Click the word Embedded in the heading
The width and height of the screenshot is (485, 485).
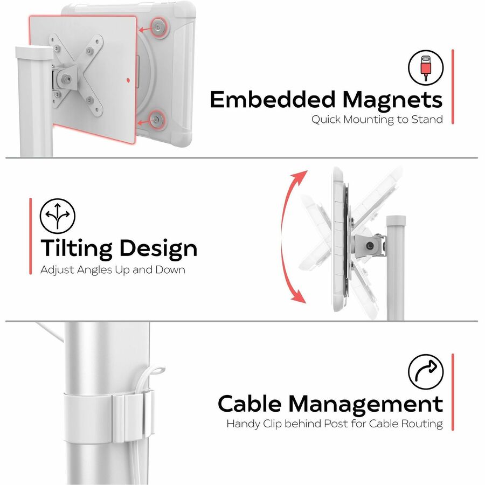click(273, 99)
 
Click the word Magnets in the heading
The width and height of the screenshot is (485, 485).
click(392, 100)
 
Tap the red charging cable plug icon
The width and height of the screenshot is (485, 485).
click(426, 67)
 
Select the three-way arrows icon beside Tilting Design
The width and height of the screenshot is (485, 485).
click(58, 216)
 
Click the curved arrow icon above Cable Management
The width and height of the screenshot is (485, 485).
click(426, 372)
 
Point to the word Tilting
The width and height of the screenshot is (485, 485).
click(77, 249)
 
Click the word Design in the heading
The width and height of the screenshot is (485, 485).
click(158, 249)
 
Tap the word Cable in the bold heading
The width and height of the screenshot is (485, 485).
click(250, 404)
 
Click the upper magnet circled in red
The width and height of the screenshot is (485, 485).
click(158, 27)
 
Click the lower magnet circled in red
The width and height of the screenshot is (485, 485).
click(156, 120)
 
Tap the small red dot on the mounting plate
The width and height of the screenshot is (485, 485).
click(128, 80)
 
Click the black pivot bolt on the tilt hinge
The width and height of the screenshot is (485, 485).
click(369, 246)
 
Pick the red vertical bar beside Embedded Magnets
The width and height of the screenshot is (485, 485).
click(453, 87)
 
